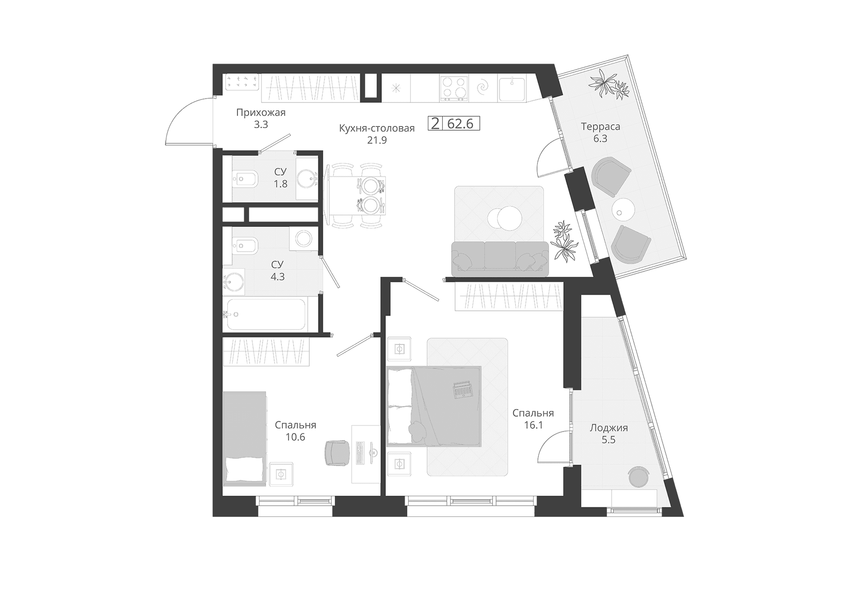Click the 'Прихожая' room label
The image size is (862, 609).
(x=261, y=112)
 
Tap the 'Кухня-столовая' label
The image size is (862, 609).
(x=377, y=128)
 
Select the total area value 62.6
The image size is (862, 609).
(x=460, y=124)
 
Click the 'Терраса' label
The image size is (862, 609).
(x=600, y=127)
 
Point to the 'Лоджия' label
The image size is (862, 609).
(x=609, y=428)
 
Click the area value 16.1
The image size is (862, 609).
(x=533, y=425)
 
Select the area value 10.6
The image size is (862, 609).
(x=295, y=437)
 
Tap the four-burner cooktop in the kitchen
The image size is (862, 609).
(x=454, y=88)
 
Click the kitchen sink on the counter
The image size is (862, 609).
(x=511, y=88)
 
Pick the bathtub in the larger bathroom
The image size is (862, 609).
(x=267, y=314)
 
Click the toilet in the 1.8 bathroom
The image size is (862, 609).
(x=245, y=180)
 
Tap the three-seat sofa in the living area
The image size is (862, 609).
(x=500, y=259)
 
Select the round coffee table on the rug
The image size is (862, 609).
(x=505, y=218)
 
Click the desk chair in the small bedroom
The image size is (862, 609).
(x=337, y=453)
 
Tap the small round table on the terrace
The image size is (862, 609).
(x=623, y=209)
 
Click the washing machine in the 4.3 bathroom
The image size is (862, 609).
(x=304, y=238)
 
